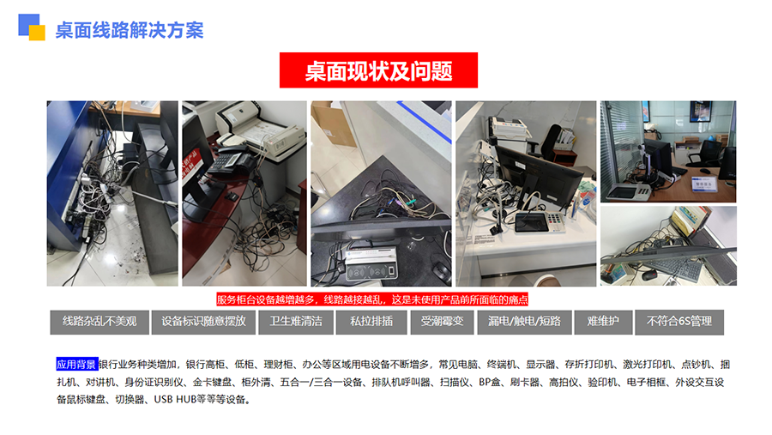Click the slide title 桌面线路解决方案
coord(130,30)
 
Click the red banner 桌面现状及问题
coord(378,70)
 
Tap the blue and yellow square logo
coord(32,27)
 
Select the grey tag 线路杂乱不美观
coord(100,322)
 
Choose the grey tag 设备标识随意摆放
coord(203,322)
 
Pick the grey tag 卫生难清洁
coord(296,322)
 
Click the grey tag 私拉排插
coord(371,322)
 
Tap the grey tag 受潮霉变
coord(442,322)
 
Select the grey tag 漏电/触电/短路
coord(524,322)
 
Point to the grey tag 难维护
coord(603,322)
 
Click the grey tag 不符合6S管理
coord(679,322)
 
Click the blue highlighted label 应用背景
coord(77,364)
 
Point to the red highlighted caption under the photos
coord(372,299)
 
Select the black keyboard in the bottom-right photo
coord(679,270)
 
